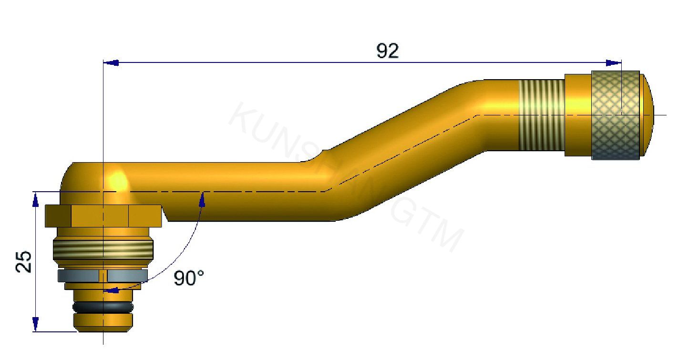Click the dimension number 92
387,51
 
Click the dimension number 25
24,261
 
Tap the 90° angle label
188,278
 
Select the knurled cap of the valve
615,115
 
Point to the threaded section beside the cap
541,115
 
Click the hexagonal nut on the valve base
103,216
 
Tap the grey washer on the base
103,275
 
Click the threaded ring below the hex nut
103,248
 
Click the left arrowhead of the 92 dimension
111,62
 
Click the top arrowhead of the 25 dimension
35,199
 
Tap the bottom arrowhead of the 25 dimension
35,324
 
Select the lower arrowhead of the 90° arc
111,289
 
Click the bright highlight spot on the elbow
117,181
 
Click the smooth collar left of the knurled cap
578,115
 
